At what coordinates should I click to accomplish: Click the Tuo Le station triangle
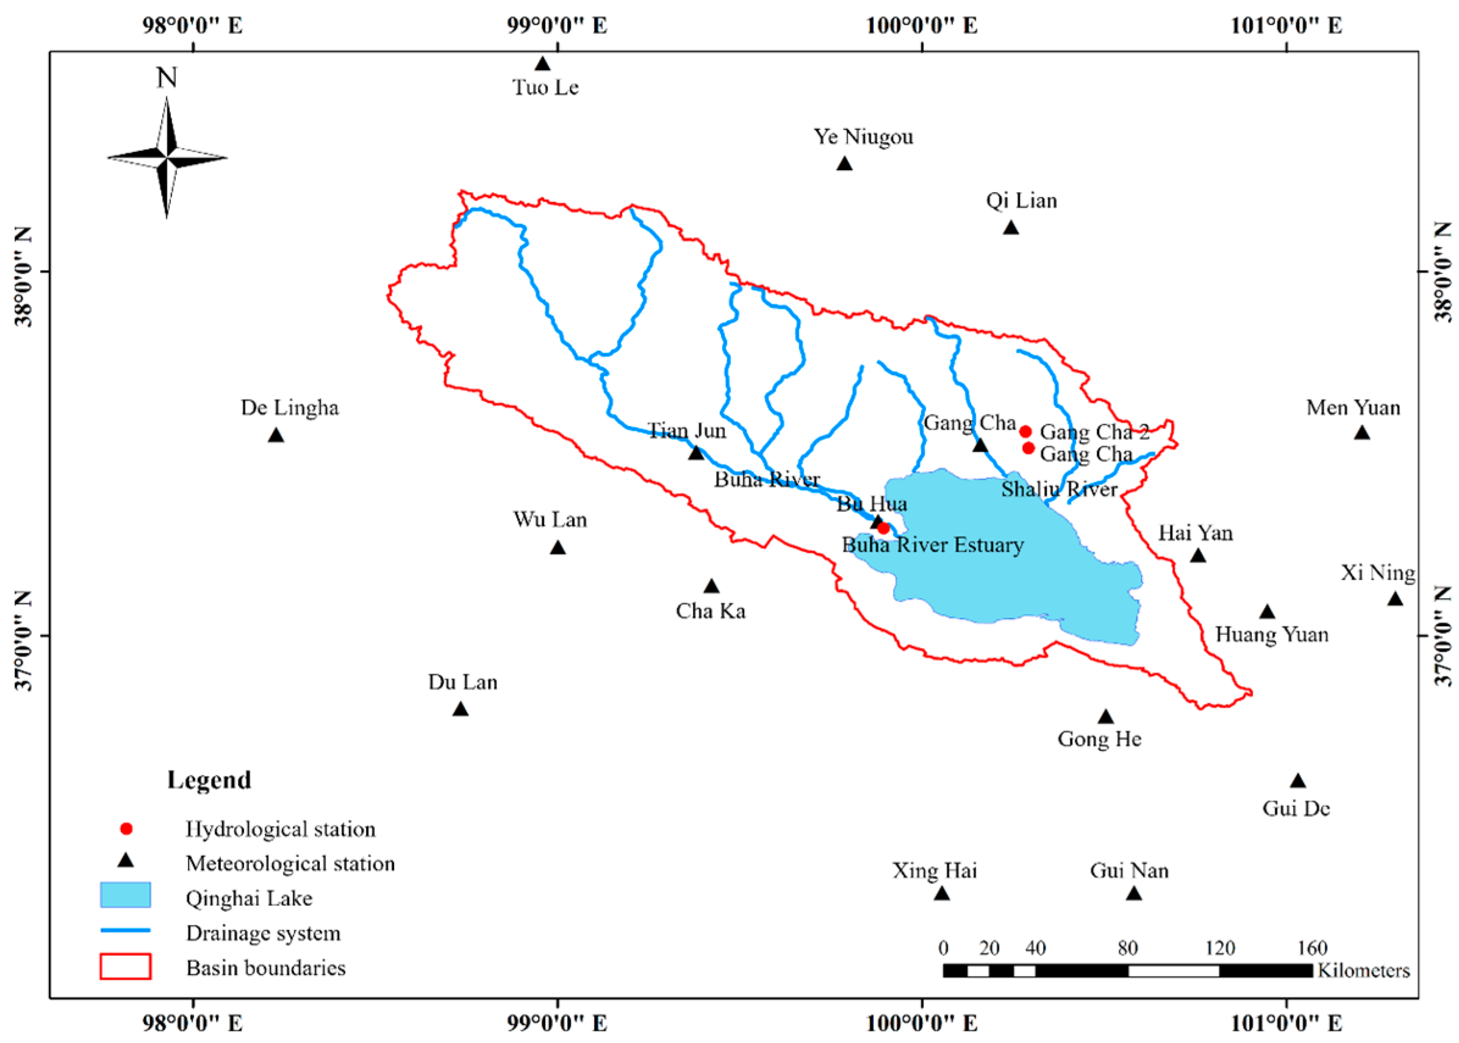tap(542, 64)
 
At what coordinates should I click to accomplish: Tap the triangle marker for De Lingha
tap(276, 435)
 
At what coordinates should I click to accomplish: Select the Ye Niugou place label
tap(863, 137)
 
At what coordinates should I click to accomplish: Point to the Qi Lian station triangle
tap(1011, 228)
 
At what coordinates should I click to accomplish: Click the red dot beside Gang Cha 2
tap(1025, 432)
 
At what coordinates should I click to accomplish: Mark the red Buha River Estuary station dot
tap(883, 529)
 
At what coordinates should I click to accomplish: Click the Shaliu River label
tap(1059, 489)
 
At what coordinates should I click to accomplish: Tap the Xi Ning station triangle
tap(1395, 599)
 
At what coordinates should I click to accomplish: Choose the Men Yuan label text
tap(1353, 408)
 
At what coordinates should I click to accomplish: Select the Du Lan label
tap(462, 682)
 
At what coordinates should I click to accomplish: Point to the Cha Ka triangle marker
tap(711, 586)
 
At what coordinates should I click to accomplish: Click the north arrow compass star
tap(167, 157)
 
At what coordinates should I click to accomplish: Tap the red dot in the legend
tap(126, 829)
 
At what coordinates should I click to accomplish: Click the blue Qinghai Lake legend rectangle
tap(125, 895)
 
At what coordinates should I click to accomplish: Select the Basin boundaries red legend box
tap(125, 967)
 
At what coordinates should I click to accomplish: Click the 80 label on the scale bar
tap(1128, 948)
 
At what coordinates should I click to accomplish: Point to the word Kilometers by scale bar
tap(1363, 970)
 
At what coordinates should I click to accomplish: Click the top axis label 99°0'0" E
tap(557, 26)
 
